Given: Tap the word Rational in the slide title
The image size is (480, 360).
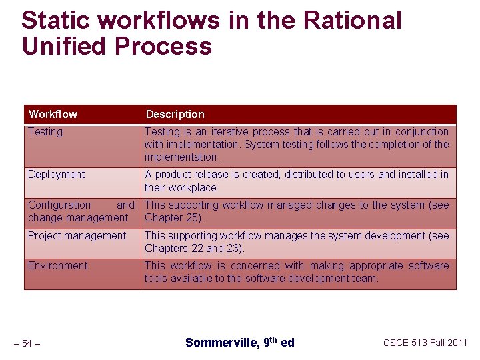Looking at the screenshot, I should tap(353, 21).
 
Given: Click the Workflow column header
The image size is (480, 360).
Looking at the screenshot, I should tap(53, 114).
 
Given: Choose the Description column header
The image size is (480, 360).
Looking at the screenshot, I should tap(175, 114).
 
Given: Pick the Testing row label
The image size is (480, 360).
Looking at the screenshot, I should tap(45, 132).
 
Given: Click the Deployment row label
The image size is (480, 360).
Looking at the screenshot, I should tap(57, 175).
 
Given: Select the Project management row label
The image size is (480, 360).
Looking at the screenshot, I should tap(77, 235).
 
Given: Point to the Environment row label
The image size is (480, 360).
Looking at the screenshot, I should tap(57, 265).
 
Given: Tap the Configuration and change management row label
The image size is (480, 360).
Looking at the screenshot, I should tap(79, 211).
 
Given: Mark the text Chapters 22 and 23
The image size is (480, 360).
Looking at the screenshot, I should tap(193, 248).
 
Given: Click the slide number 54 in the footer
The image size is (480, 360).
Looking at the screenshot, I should tap(27, 343).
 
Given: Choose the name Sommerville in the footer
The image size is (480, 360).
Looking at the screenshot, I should tap(221, 343).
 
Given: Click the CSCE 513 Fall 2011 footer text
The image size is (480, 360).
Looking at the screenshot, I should tap(425, 343).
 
